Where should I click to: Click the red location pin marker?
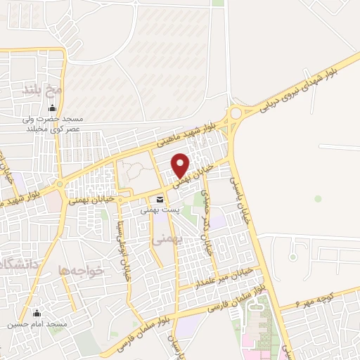tap(181, 165)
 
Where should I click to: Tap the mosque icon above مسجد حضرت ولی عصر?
tap(51, 108)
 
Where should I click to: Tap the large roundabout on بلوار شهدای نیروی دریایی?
tap(236, 113)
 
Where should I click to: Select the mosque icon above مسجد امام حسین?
tap(37, 314)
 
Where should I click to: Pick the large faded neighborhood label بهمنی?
tap(167, 239)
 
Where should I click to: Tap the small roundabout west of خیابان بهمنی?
tap(60, 185)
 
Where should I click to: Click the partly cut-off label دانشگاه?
tap(15, 266)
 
